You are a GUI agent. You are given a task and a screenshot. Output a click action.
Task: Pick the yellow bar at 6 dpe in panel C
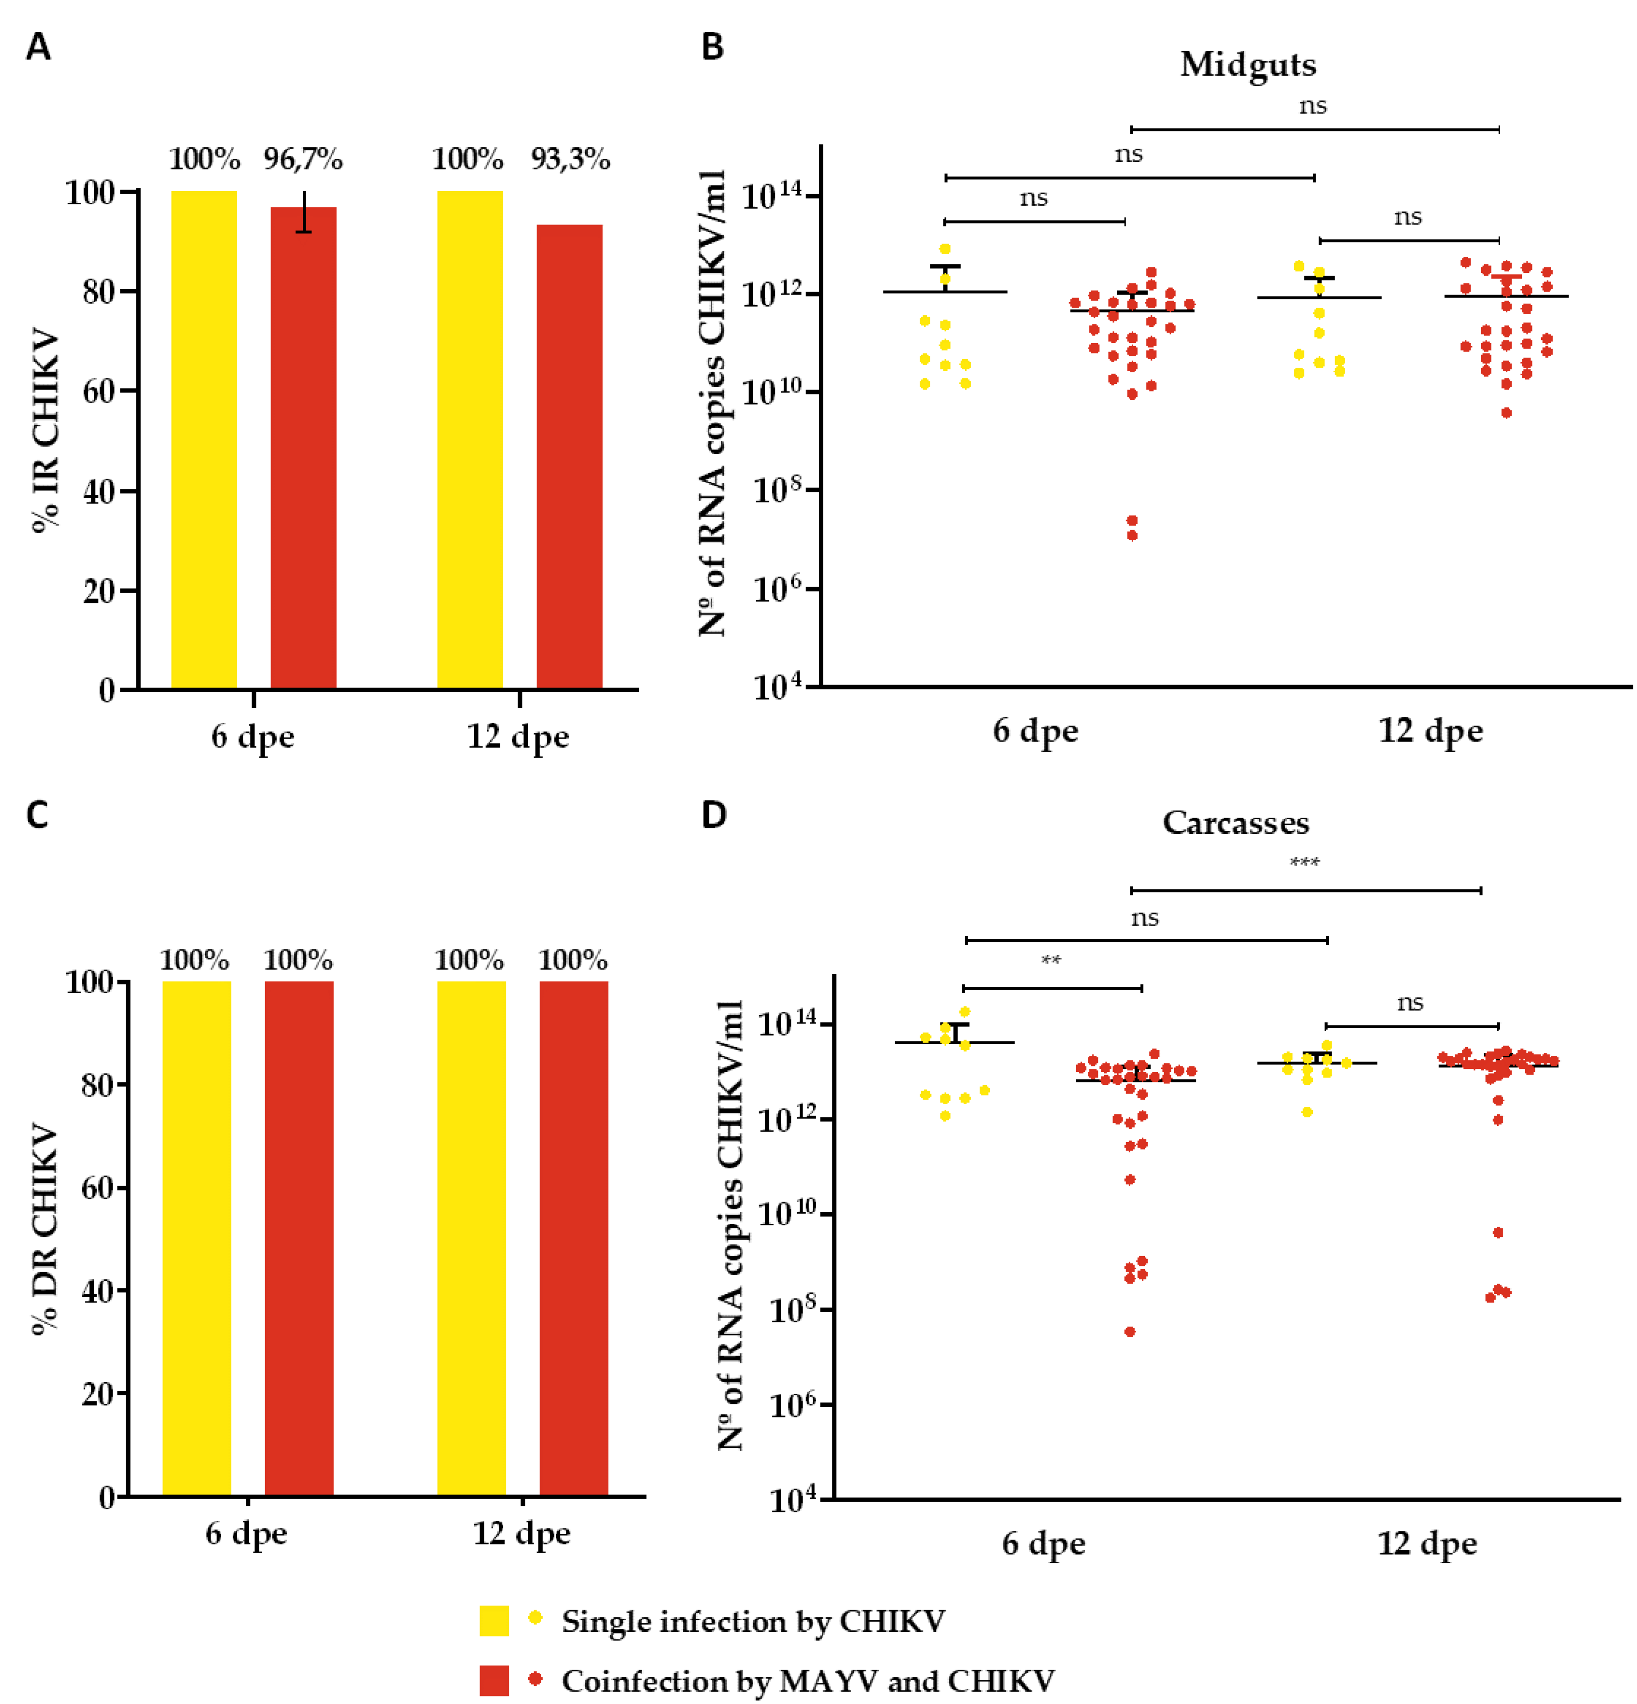[196, 1239]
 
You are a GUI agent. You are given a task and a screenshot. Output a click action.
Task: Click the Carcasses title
[1235, 822]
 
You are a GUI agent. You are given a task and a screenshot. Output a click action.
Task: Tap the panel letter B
[712, 47]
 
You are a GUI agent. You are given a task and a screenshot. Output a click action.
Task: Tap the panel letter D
[713, 815]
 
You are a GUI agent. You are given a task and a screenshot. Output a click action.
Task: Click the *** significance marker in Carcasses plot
[1304, 863]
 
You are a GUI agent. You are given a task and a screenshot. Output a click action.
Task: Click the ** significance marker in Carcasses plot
[1051, 960]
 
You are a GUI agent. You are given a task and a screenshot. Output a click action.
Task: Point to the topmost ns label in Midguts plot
[1312, 106]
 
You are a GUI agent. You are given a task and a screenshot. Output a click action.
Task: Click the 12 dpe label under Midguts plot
[1430, 730]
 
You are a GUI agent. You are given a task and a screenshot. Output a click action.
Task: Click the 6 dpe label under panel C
[246, 1532]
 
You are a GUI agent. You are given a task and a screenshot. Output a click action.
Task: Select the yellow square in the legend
[494, 1621]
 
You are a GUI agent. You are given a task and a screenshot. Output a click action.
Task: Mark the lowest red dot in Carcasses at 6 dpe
[1130, 1331]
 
